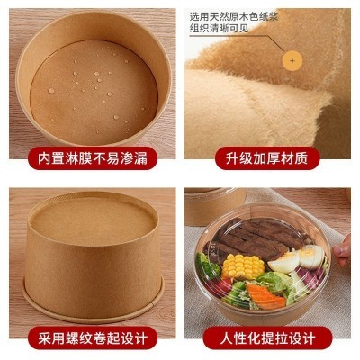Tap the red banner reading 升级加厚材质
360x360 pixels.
tap(271, 158)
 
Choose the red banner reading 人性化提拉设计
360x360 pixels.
tap(271, 338)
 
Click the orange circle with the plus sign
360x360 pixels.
tap(291, 60)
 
